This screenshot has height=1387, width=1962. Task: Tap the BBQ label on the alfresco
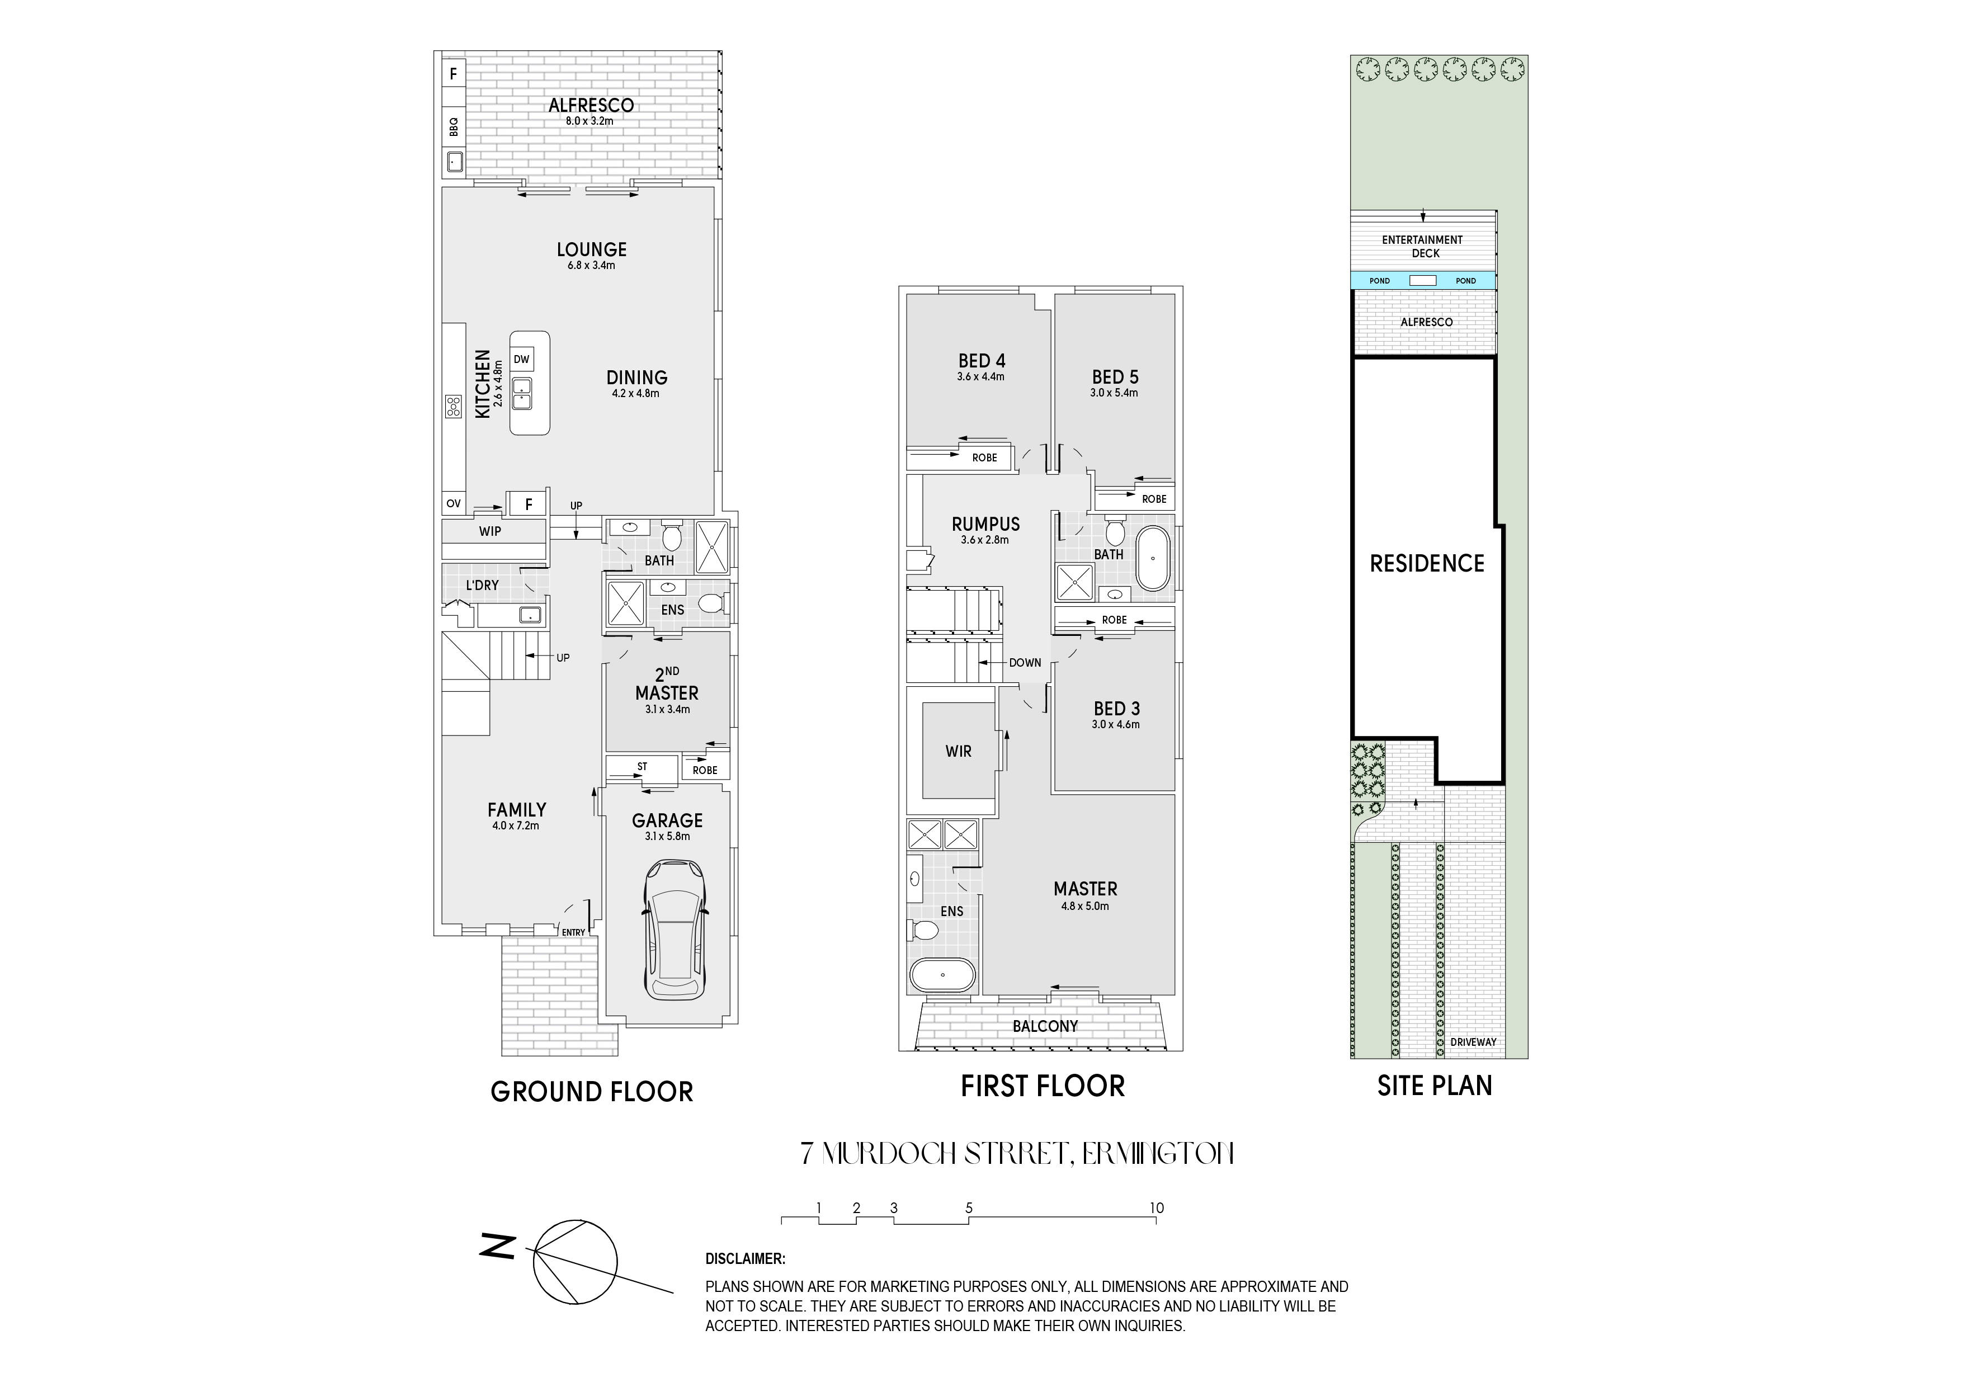454,126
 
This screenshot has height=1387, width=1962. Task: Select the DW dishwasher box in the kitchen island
521,360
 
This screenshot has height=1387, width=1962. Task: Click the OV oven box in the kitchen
454,503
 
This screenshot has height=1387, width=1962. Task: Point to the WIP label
489,531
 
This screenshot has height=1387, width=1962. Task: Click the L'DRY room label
482,586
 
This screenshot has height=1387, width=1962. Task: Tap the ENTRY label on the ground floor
573,932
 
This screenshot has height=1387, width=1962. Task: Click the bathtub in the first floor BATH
1153,559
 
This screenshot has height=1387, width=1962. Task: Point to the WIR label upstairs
958,751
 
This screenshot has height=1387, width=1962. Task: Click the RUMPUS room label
985,524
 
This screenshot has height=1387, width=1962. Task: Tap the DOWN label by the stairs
1025,662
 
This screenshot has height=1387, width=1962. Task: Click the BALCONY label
1045,1026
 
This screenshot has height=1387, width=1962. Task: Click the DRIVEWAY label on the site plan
1473,1042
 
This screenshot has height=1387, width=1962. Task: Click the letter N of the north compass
497,1248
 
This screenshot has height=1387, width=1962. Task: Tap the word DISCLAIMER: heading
745,1259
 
